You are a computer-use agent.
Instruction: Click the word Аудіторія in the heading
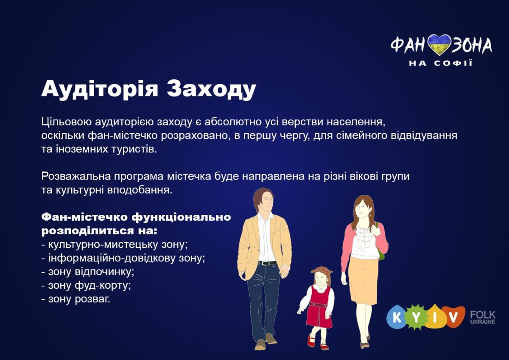(100, 88)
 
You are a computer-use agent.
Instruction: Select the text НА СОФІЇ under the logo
(441, 63)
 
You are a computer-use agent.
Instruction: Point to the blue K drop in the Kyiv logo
(397, 318)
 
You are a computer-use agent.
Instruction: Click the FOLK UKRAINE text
(483, 318)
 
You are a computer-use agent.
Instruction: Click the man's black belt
(268, 263)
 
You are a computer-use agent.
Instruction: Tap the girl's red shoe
(311, 340)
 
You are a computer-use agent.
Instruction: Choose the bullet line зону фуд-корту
(87, 285)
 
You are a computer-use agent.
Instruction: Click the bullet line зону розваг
(76, 299)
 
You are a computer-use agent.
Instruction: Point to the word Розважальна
(76, 177)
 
